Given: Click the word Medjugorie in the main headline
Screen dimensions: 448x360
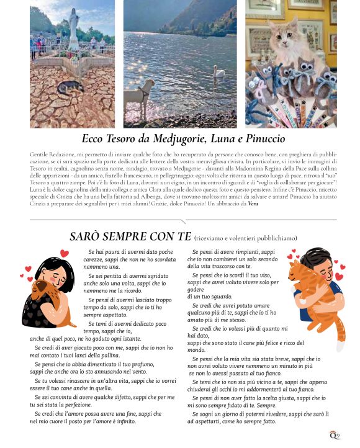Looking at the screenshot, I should tap(182, 139).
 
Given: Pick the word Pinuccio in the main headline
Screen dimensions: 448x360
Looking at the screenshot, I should tap(262, 139).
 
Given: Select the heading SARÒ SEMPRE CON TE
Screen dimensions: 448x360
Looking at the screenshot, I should tap(130, 236).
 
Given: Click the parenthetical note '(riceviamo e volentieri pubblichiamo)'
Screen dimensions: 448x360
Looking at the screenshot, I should tap(245, 238).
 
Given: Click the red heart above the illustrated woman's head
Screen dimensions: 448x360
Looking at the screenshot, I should tap(64, 253).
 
